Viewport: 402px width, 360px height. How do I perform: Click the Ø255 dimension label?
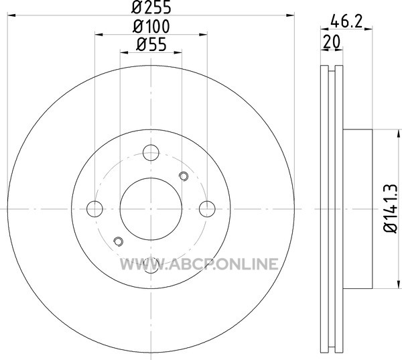(151, 7)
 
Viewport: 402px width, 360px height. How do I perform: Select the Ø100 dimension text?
(151, 26)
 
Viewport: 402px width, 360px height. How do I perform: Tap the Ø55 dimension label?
(151, 44)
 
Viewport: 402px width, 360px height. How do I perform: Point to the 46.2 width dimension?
(346, 21)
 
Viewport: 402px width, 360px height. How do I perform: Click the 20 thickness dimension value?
(332, 42)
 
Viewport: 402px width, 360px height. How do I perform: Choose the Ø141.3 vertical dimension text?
(391, 208)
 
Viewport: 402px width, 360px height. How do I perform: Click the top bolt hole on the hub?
(151, 153)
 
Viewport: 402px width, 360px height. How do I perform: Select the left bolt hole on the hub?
(94, 209)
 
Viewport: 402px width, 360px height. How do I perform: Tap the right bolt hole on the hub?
(207, 209)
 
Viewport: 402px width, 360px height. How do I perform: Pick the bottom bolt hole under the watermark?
(151, 265)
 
